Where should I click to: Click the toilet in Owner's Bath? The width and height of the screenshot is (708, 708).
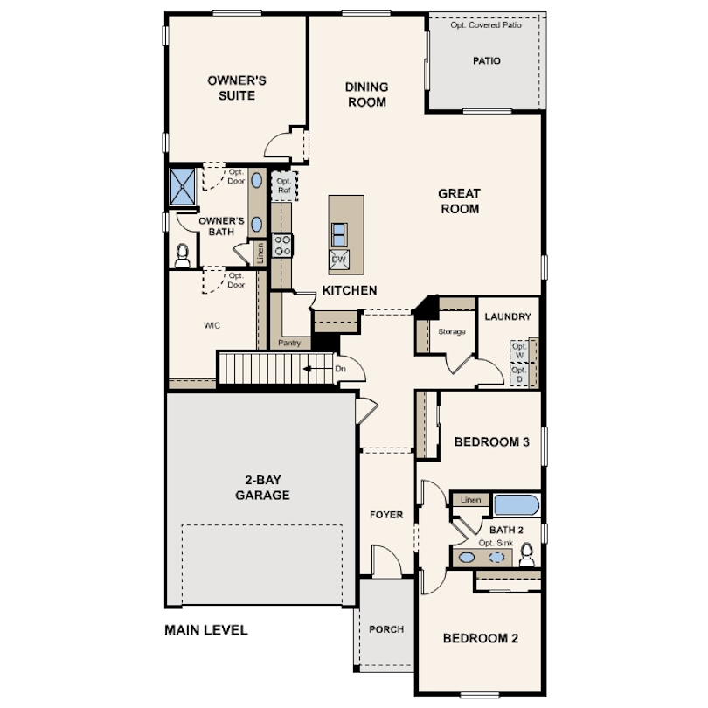point(183,256)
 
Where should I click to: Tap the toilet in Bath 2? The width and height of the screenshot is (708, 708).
point(526,555)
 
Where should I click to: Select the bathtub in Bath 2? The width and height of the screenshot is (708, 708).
point(517,505)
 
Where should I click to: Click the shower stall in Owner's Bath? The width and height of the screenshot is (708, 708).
point(183,186)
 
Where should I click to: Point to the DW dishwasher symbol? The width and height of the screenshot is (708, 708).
point(339,260)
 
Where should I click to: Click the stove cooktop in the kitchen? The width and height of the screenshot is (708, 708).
point(282,246)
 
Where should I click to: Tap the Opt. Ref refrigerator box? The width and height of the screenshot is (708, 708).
point(284,185)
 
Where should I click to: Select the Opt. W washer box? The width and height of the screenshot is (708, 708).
point(519,351)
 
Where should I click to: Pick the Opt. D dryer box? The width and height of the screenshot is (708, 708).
point(519,375)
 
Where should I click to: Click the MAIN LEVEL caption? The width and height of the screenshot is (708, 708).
point(206,630)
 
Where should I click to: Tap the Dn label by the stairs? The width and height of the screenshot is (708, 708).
point(341,369)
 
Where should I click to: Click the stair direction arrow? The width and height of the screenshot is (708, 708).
point(318,369)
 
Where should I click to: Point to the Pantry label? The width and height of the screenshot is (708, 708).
point(289,343)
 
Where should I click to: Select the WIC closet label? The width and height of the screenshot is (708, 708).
point(212,325)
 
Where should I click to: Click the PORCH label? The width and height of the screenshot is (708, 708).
point(386,629)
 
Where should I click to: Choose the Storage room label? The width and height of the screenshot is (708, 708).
point(452,331)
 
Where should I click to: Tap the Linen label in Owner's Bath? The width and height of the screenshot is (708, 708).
point(260,253)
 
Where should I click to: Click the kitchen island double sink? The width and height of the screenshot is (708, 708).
point(339,235)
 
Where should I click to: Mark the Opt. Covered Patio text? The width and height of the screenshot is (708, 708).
point(486,25)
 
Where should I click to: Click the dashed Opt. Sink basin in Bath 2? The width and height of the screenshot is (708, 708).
point(496,558)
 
